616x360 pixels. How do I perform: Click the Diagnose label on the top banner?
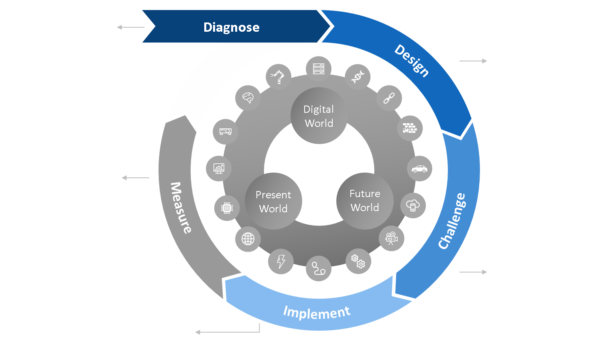(231, 27)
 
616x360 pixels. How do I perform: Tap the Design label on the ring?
(412, 61)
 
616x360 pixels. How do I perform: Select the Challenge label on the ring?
(452, 221)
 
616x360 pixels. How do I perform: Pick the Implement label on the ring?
(317, 312)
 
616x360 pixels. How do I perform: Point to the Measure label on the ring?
(181, 207)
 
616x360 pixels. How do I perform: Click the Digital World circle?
(319, 116)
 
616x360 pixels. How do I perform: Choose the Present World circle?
(273, 201)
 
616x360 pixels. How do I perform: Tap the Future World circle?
(364, 200)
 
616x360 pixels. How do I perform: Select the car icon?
(420, 169)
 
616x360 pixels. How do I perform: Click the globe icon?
(248, 239)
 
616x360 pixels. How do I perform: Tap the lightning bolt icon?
(281, 261)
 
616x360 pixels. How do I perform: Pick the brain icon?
(248, 98)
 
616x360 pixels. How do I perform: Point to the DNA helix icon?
(358, 76)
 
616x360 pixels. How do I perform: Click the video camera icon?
(391, 238)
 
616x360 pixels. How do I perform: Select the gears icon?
(358, 261)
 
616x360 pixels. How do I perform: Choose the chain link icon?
(389, 98)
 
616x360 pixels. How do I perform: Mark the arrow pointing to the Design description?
(473, 61)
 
